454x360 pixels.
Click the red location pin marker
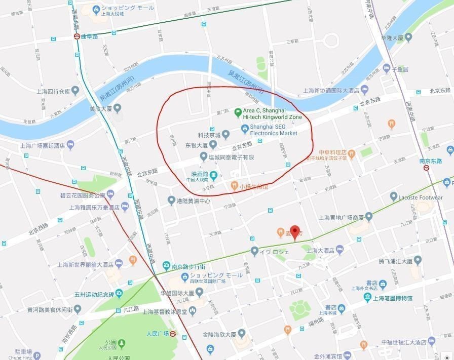tap(294, 231)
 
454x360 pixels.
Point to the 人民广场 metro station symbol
tap(173, 334)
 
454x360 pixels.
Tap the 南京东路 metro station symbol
tap(427, 168)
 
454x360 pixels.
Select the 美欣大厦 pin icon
tap(118, 108)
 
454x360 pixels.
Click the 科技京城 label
tap(209, 135)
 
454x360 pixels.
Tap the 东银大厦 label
tap(195, 145)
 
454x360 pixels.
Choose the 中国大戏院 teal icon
tap(214, 175)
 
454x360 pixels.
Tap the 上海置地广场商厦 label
tap(341, 217)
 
